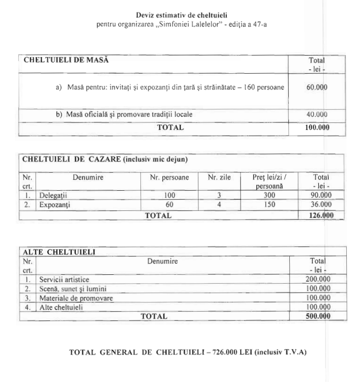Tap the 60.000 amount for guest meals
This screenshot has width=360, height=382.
click(317, 87)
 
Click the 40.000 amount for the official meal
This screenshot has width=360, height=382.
click(317, 115)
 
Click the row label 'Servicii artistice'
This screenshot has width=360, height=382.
click(64, 279)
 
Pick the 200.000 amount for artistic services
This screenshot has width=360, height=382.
click(317, 279)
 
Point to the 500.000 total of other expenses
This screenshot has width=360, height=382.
click(317, 317)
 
